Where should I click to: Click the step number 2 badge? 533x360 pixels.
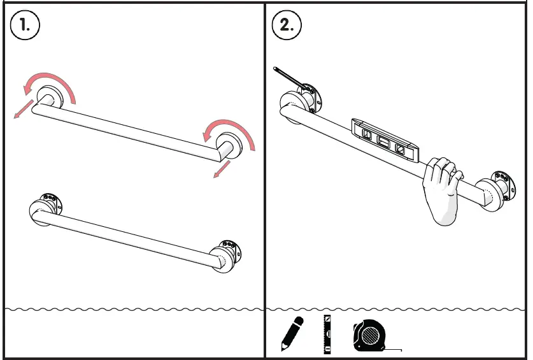click(287, 25)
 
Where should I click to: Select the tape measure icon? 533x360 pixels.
click(370, 335)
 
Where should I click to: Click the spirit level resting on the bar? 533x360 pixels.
click(385, 138)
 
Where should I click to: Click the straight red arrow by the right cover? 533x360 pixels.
click(222, 169)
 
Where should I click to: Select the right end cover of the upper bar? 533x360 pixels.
click(227, 145)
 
